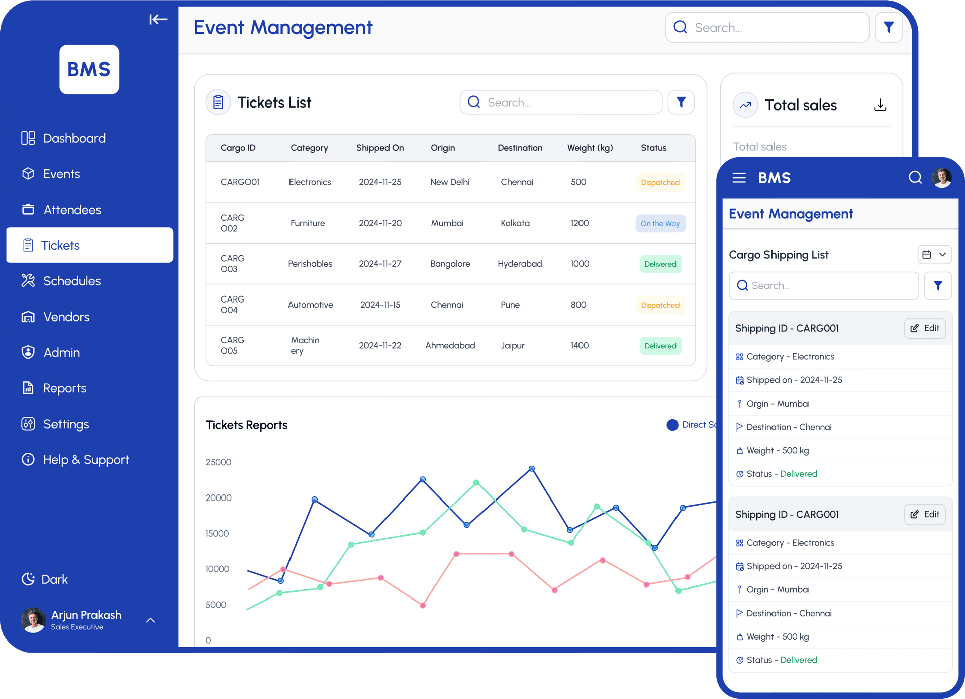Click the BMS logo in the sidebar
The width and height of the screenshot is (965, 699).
(x=89, y=69)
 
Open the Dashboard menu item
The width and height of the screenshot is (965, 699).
(x=74, y=138)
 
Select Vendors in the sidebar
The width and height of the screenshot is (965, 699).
(x=66, y=317)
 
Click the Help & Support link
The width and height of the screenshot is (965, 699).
(x=85, y=460)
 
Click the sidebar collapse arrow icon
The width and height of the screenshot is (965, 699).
(x=158, y=20)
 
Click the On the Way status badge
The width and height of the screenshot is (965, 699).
(x=660, y=223)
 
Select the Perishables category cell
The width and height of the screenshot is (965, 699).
(x=310, y=264)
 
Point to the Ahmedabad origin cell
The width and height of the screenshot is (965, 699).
(x=450, y=345)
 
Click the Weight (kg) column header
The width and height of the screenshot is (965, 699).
(x=590, y=148)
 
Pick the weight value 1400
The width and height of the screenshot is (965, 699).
(x=580, y=345)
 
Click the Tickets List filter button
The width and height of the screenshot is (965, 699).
(x=681, y=103)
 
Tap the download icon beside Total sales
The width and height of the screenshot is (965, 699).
(x=880, y=105)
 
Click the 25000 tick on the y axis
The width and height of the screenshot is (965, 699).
(x=218, y=462)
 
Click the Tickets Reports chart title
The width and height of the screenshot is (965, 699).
(x=246, y=425)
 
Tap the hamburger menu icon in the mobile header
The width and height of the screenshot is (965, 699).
(x=739, y=178)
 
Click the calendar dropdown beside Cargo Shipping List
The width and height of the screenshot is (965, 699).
(x=934, y=255)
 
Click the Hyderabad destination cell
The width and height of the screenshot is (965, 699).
(x=520, y=264)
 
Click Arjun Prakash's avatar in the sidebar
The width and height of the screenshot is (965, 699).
(x=33, y=620)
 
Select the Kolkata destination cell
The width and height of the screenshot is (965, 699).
(x=515, y=223)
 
